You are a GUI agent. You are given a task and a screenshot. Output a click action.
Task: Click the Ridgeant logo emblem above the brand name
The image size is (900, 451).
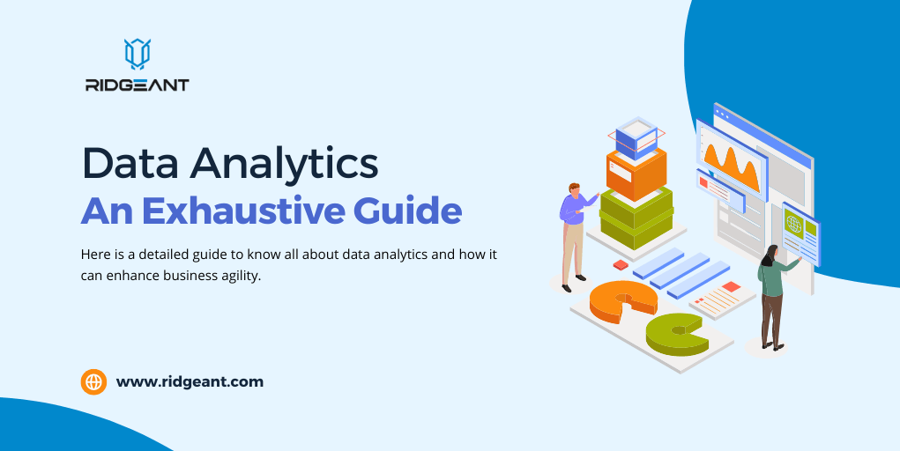click(x=137, y=54)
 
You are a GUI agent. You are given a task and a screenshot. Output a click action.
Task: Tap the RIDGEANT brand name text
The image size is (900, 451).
click(x=137, y=85)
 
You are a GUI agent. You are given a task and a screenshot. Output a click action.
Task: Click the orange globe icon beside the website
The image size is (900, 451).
click(x=93, y=381)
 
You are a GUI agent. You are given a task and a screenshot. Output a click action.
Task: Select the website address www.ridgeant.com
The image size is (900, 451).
click(x=190, y=382)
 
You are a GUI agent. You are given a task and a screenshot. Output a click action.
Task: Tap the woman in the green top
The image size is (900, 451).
click(x=771, y=295)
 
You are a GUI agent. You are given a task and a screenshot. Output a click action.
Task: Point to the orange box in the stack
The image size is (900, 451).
click(x=636, y=174)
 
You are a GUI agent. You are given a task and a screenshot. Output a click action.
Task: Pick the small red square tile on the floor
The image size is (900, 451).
click(x=621, y=263)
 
